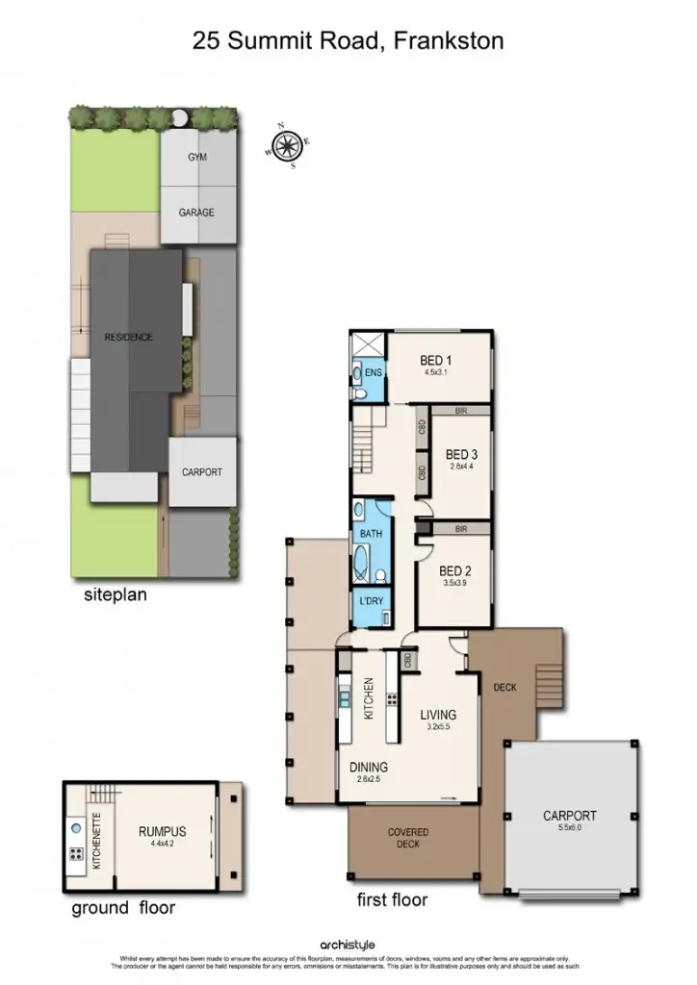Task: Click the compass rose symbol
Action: point(286,145)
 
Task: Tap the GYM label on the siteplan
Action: point(196,157)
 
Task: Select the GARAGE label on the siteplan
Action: point(196,213)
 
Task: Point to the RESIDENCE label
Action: point(128,337)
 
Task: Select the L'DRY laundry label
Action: point(371,602)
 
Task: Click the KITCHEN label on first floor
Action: point(368,698)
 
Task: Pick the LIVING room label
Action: point(437,715)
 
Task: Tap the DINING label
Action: point(369,767)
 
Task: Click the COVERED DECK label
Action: point(408,838)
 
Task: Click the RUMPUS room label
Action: point(162,831)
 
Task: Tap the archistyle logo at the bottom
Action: point(348,946)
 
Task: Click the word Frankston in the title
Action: point(450,40)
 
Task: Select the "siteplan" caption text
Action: point(116,595)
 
